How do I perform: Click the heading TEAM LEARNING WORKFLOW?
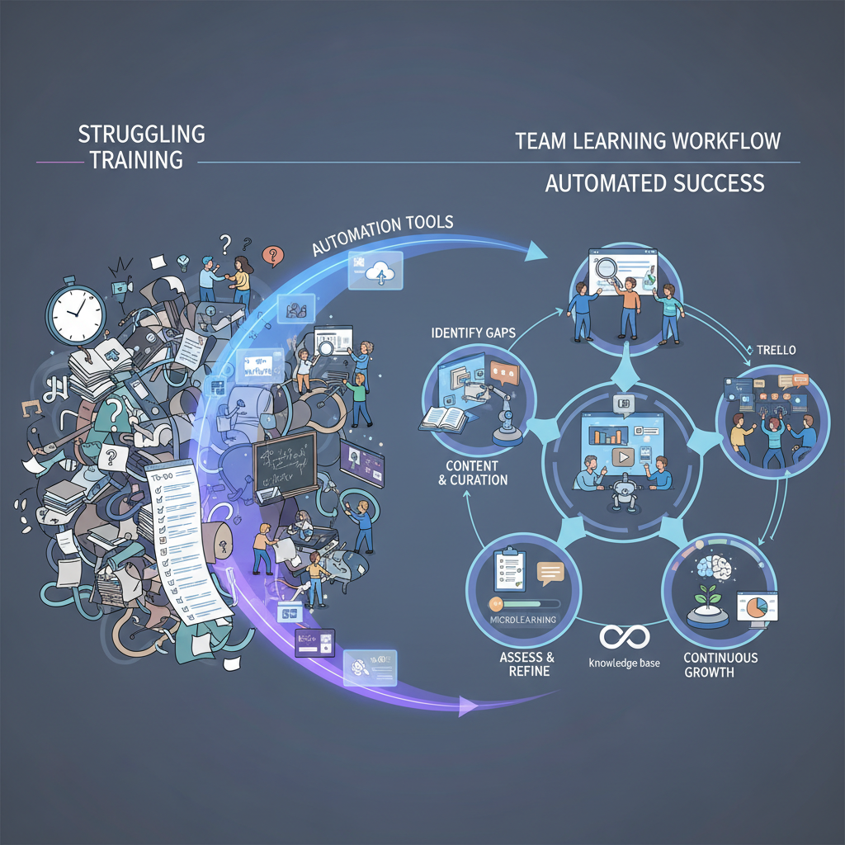(x=648, y=141)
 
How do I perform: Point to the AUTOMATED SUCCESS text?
(x=654, y=182)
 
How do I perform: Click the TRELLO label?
(x=776, y=351)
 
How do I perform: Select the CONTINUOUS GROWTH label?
(x=720, y=665)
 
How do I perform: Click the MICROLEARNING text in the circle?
(x=522, y=620)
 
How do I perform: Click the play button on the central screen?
(x=622, y=456)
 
